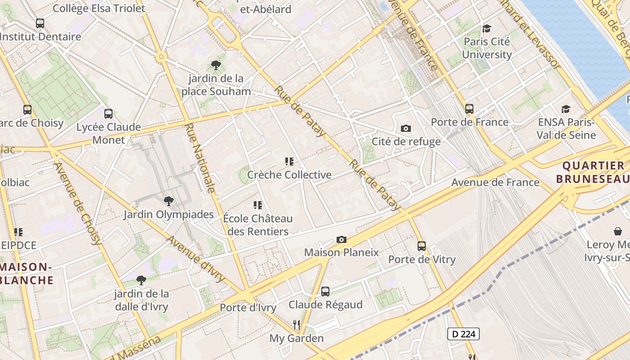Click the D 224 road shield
[463, 334]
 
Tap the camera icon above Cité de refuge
[405, 129]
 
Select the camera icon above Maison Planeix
[342, 239]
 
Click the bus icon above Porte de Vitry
[422, 246]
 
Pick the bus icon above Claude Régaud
[325, 292]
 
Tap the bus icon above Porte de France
[469, 109]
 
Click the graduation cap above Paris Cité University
[486, 29]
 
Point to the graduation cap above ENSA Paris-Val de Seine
[566, 109]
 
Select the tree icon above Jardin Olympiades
[169, 201]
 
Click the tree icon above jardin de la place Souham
[216, 65]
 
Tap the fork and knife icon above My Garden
[296, 325]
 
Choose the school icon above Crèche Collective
[289, 162]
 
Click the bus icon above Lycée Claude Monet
[108, 114]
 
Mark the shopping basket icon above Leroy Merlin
[618, 231]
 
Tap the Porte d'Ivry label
[248, 308]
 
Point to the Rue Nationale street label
[200, 157]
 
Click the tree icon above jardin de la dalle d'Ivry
[141, 280]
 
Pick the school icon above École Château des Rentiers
[258, 206]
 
